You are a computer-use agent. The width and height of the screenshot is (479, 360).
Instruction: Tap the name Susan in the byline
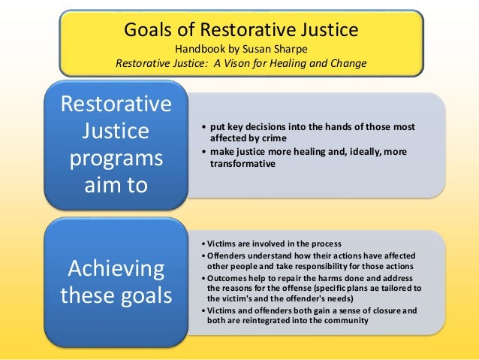(x=258, y=48)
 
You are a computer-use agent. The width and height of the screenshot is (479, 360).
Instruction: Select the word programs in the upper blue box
(x=116, y=159)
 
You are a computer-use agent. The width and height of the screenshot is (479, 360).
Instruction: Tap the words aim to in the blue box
(x=116, y=184)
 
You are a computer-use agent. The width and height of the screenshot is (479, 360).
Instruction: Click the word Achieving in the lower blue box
(x=116, y=268)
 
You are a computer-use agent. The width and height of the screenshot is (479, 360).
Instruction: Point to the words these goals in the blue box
(x=116, y=294)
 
